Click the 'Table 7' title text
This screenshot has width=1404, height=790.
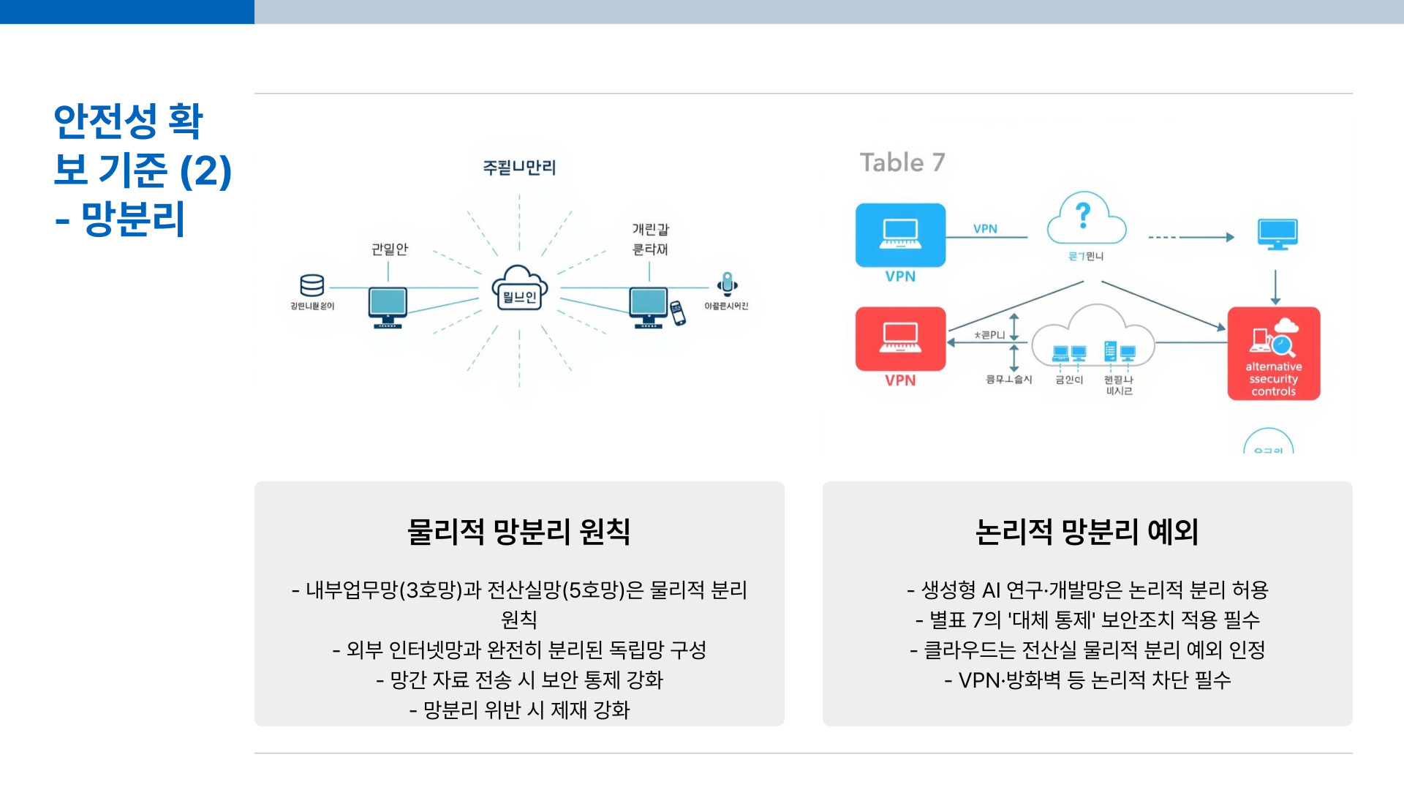pyautogui.click(x=902, y=162)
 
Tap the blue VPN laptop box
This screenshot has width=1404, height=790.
pyautogui.click(x=900, y=235)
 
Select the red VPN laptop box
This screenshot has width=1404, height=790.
pyautogui.click(x=900, y=339)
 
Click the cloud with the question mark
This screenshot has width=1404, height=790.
pyautogui.click(x=1085, y=220)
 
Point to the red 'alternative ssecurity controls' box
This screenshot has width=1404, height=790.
pyautogui.click(x=1273, y=353)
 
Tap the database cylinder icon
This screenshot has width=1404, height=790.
pyautogui.click(x=312, y=285)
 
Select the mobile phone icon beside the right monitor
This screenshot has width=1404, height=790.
pyautogui.click(x=678, y=312)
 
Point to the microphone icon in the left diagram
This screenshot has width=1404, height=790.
pyautogui.click(x=727, y=284)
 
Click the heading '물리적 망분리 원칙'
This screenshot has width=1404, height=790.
pyautogui.click(x=518, y=532)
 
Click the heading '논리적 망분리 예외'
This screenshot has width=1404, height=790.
pyautogui.click(x=1087, y=532)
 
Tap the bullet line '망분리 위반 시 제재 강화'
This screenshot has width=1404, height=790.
pyautogui.click(x=519, y=710)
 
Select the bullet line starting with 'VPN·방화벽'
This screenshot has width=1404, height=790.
pyautogui.click(x=1087, y=680)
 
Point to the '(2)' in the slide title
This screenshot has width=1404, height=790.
pyautogui.click(x=205, y=170)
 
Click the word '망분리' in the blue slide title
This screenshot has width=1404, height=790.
pyautogui.click(x=133, y=219)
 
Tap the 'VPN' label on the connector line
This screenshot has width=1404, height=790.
pyautogui.click(x=985, y=229)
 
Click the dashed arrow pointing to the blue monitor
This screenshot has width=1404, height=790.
pyautogui.click(x=1191, y=237)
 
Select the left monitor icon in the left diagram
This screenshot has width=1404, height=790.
pyautogui.click(x=388, y=306)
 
